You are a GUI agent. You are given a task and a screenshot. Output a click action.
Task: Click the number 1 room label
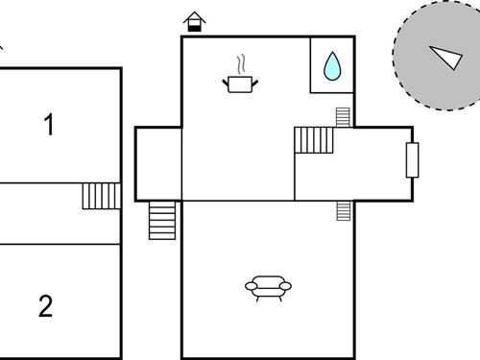click(49, 125)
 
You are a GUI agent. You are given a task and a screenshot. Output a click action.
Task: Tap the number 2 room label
click(45, 307)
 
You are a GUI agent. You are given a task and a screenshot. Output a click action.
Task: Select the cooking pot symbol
click(240, 84)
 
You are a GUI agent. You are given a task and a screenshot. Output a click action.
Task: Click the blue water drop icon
click(332, 65)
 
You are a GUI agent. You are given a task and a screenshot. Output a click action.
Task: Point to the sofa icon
click(268, 287)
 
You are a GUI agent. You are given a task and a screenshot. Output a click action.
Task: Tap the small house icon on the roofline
click(195, 21)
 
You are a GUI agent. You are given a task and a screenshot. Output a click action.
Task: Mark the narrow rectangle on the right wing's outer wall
click(413, 159)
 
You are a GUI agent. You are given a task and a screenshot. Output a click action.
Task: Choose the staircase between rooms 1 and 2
click(101, 197)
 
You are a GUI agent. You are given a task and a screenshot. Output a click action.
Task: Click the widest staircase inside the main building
click(314, 140)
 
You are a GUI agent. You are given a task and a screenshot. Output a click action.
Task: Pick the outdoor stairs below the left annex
click(163, 221)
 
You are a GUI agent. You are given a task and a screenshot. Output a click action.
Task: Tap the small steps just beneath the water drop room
click(343, 117)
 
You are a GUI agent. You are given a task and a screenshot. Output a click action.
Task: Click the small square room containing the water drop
click(332, 65)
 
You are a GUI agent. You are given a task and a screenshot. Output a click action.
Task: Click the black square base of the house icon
click(195, 27)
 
